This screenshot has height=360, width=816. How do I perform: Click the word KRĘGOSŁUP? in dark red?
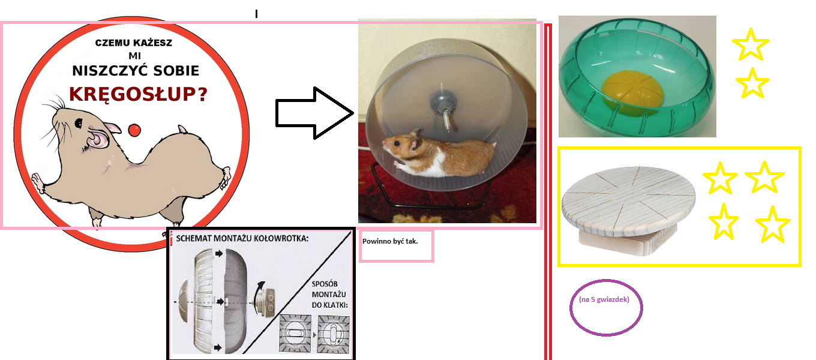coord(138,94)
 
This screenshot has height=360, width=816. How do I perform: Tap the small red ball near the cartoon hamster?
coord(134,130)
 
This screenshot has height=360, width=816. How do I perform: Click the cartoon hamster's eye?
coord(79,123)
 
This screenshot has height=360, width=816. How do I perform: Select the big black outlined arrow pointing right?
coord(314,113)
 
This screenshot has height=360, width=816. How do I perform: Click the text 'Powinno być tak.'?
coord(390,241)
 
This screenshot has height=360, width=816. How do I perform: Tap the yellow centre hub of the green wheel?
coord(633,89)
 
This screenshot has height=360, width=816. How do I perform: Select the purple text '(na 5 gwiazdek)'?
coord(604,299)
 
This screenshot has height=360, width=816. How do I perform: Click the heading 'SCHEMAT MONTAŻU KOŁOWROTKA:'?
coord(242,239)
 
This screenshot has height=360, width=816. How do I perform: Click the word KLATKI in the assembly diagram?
coord(334,305)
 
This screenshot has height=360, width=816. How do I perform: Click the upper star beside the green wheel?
coord(751,45)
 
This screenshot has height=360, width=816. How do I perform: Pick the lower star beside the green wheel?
coord(752,83)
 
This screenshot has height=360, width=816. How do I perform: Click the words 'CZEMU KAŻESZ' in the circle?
coord(134,43)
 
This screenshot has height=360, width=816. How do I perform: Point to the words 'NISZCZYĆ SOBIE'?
coord(136,71)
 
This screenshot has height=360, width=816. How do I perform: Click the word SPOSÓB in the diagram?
coord(325,284)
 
